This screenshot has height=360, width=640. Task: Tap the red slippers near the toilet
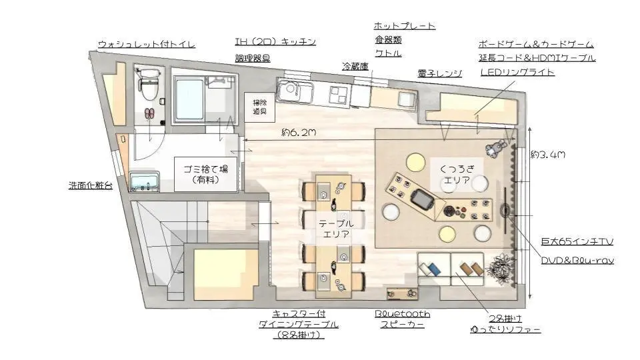149,113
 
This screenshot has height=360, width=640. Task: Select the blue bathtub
189,99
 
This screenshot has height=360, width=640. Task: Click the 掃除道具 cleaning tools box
259,107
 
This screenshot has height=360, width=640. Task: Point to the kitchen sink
295,91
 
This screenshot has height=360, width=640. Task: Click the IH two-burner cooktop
339,94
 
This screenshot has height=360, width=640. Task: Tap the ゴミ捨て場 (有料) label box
206,174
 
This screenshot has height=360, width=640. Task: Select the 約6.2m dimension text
299,133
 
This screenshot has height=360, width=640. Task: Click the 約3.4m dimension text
548,154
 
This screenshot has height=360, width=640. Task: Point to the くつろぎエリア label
457,174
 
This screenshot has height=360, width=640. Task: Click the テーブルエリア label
336,229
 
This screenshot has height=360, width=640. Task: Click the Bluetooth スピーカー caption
403,319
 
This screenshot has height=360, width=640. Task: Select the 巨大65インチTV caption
577,241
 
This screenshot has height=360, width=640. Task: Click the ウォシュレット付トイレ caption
147,44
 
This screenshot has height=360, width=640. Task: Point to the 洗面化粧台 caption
91,185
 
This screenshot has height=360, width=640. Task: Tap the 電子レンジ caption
439,73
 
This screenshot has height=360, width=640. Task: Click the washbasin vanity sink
145,181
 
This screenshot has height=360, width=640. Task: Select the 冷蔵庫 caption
355,66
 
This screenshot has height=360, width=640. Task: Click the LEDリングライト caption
517,72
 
